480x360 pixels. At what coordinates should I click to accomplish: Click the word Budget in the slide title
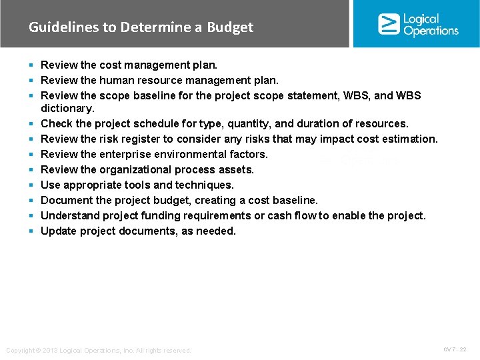(x=230, y=27)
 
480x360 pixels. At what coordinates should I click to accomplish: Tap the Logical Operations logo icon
(x=389, y=24)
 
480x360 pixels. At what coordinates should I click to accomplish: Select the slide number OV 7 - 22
(x=455, y=349)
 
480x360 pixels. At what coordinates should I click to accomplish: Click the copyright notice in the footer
(x=98, y=350)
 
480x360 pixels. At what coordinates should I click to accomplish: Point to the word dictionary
(x=67, y=108)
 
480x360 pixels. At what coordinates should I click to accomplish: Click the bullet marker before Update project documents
(x=31, y=231)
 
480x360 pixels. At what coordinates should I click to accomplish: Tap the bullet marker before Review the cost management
(x=31, y=65)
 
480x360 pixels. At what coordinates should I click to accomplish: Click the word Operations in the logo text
(x=431, y=31)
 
